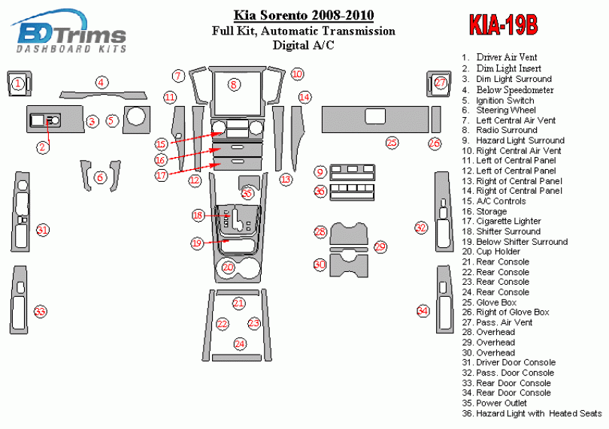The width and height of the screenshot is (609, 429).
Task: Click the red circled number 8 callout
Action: [x=234, y=84]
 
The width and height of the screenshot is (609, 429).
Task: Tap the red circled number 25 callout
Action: [x=392, y=142]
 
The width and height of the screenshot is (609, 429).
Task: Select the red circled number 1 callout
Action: [x=17, y=83]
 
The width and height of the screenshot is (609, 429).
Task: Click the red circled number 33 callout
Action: [x=40, y=311]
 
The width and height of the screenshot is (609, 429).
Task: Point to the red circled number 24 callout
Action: [x=239, y=343]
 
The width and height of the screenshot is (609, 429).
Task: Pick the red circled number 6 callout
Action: [x=100, y=177]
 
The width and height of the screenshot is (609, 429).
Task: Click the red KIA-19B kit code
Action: [x=504, y=26]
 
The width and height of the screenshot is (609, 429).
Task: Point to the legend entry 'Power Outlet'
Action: [x=504, y=403]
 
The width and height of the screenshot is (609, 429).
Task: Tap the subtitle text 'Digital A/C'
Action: [x=304, y=44]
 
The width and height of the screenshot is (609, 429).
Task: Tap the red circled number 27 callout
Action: [x=440, y=83]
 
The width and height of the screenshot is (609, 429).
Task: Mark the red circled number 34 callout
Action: [x=423, y=311]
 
